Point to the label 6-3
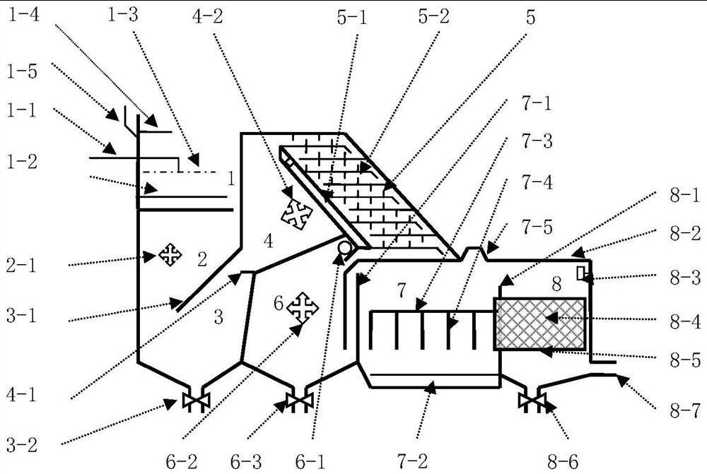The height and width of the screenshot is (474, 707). (x=247, y=461)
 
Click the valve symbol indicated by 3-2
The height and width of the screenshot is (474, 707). (x=191, y=401)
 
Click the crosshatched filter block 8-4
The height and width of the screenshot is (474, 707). (x=540, y=323)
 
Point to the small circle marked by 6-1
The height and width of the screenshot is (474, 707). (x=345, y=248)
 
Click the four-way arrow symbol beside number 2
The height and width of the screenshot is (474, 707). (x=170, y=254)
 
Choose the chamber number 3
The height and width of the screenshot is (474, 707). (x=218, y=317)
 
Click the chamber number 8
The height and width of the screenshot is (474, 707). (x=556, y=284)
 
